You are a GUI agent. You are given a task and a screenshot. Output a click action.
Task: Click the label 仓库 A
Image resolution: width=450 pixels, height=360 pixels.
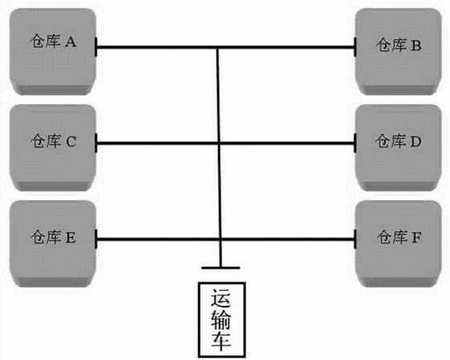click(53, 42)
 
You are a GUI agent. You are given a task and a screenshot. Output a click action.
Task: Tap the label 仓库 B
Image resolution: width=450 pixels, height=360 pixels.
click(399, 46)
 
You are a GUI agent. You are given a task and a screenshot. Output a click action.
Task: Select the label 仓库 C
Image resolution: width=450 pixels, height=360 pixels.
click(54, 141)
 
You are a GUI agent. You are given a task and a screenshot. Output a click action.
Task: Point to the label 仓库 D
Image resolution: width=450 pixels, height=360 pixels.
click(398, 141)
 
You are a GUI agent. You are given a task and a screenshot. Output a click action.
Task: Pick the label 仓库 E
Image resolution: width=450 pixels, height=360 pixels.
click(54, 238)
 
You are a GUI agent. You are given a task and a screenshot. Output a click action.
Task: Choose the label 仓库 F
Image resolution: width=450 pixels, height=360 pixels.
click(399, 238)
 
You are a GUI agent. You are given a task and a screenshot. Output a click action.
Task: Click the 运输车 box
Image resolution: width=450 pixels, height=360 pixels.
click(222, 320)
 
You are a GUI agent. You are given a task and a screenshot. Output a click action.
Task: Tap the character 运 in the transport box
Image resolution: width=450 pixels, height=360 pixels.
click(221, 298)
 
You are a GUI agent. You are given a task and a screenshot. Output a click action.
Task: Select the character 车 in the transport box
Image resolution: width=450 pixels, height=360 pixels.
click(221, 341)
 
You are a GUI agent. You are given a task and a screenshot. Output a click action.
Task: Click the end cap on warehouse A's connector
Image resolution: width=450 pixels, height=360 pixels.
click(96, 47)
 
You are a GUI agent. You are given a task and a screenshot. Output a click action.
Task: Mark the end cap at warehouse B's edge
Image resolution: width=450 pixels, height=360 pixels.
click(356, 47)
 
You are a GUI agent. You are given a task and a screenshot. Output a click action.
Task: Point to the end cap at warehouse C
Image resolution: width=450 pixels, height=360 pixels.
click(96, 142)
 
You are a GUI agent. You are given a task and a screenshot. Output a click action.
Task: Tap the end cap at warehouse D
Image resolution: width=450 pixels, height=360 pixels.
click(356, 142)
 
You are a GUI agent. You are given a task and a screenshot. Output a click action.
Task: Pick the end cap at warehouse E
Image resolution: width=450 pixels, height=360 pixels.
click(96, 239)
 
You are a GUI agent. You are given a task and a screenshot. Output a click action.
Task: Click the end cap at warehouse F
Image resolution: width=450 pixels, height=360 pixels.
click(356, 239)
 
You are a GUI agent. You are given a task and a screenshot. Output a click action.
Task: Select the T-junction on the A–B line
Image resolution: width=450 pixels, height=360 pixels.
click(217, 47)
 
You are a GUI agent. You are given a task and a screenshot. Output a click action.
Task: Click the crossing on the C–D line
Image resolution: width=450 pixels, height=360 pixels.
click(219, 142)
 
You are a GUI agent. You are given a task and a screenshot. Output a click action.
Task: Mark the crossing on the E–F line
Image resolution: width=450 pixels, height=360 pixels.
click(220, 239)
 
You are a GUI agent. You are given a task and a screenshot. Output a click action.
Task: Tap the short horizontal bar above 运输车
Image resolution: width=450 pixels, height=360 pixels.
click(221, 268)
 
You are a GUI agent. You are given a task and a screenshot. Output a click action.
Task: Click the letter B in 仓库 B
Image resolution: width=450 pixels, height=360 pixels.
click(416, 46)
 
